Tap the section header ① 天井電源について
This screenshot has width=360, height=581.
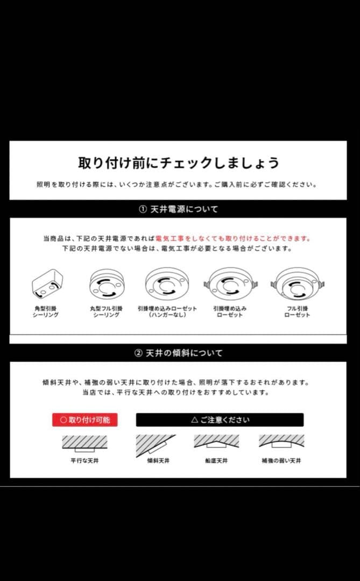(178, 209)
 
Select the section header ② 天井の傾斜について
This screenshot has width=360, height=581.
(178, 353)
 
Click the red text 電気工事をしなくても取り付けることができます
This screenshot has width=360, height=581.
(233, 238)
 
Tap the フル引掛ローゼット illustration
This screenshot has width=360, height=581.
(297, 284)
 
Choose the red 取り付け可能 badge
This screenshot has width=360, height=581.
(84, 420)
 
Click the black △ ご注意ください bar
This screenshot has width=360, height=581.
(220, 420)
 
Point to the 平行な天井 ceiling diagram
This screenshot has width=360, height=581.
(84, 443)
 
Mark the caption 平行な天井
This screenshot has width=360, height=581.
(84, 461)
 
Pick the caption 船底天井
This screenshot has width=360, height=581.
(216, 461)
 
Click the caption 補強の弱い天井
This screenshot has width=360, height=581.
(281, 461)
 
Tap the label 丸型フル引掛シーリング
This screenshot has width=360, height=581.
(106, 311)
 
